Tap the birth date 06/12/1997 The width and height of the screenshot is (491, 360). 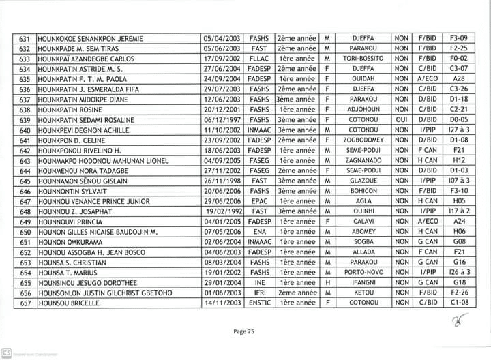click(222, 119)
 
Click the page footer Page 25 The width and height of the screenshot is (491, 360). click(244, 332)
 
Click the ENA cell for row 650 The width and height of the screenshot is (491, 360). click(259, 232)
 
